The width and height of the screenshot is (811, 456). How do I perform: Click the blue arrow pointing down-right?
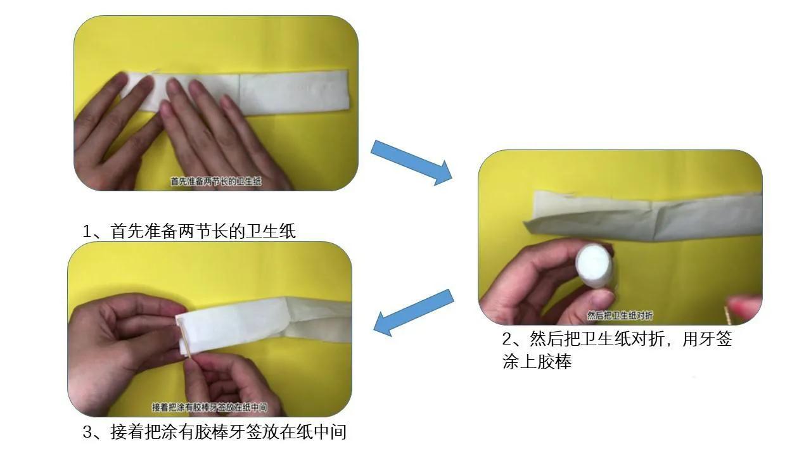pyautogui.click(x=411, y=162)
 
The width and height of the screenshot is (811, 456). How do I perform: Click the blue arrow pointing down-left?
pyautogui.click(x=414, y=312)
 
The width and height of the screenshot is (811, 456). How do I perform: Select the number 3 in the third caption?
pyautogui.click(x=88, y=433)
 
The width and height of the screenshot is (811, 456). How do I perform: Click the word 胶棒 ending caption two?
pyautogui.click(x=554, y=363)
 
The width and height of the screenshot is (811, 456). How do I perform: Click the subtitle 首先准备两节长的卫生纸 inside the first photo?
pyautogui.click(x=215, y=182)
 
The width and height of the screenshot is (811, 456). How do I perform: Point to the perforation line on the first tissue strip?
pyautogui.click(x=239, y=92)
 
